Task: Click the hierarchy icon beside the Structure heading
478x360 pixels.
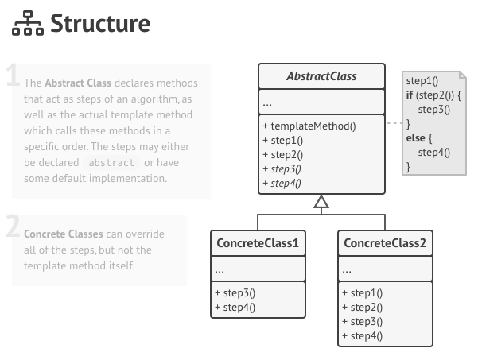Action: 26,25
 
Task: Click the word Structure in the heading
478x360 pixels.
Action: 99,24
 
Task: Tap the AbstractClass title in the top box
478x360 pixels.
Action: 321,77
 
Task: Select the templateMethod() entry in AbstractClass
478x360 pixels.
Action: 309,125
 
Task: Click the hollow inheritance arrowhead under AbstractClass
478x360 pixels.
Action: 321,203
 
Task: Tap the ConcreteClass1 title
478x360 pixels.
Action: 257,242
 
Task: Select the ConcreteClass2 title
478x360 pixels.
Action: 384,242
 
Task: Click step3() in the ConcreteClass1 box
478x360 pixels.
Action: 235,292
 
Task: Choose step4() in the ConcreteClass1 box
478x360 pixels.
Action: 235,307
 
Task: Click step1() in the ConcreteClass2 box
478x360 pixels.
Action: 362,292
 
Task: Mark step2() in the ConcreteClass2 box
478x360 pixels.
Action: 362,307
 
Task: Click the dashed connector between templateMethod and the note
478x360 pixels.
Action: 394,125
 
